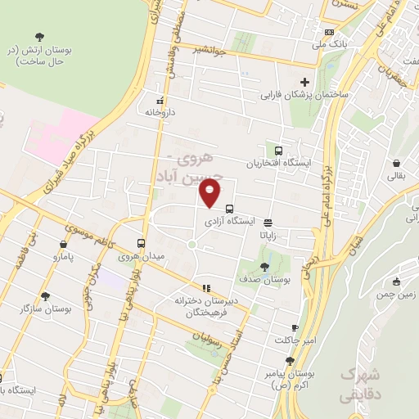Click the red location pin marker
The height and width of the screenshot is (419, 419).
point(210,194)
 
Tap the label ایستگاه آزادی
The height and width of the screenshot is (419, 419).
point(228,221)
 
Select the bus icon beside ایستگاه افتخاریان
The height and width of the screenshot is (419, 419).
point(279,151)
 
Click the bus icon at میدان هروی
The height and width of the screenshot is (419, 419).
point(142,243)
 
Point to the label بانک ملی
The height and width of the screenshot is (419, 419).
point(333,43)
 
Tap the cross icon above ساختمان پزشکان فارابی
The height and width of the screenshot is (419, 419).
point(305,82)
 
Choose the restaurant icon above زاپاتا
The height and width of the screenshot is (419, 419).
point(268,221)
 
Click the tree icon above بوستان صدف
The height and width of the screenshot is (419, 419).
point(264,267)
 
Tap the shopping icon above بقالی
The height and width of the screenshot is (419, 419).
point(396,163)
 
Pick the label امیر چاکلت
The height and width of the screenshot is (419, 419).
point(293,339)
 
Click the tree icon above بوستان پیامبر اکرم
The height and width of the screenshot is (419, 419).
point(289,360)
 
